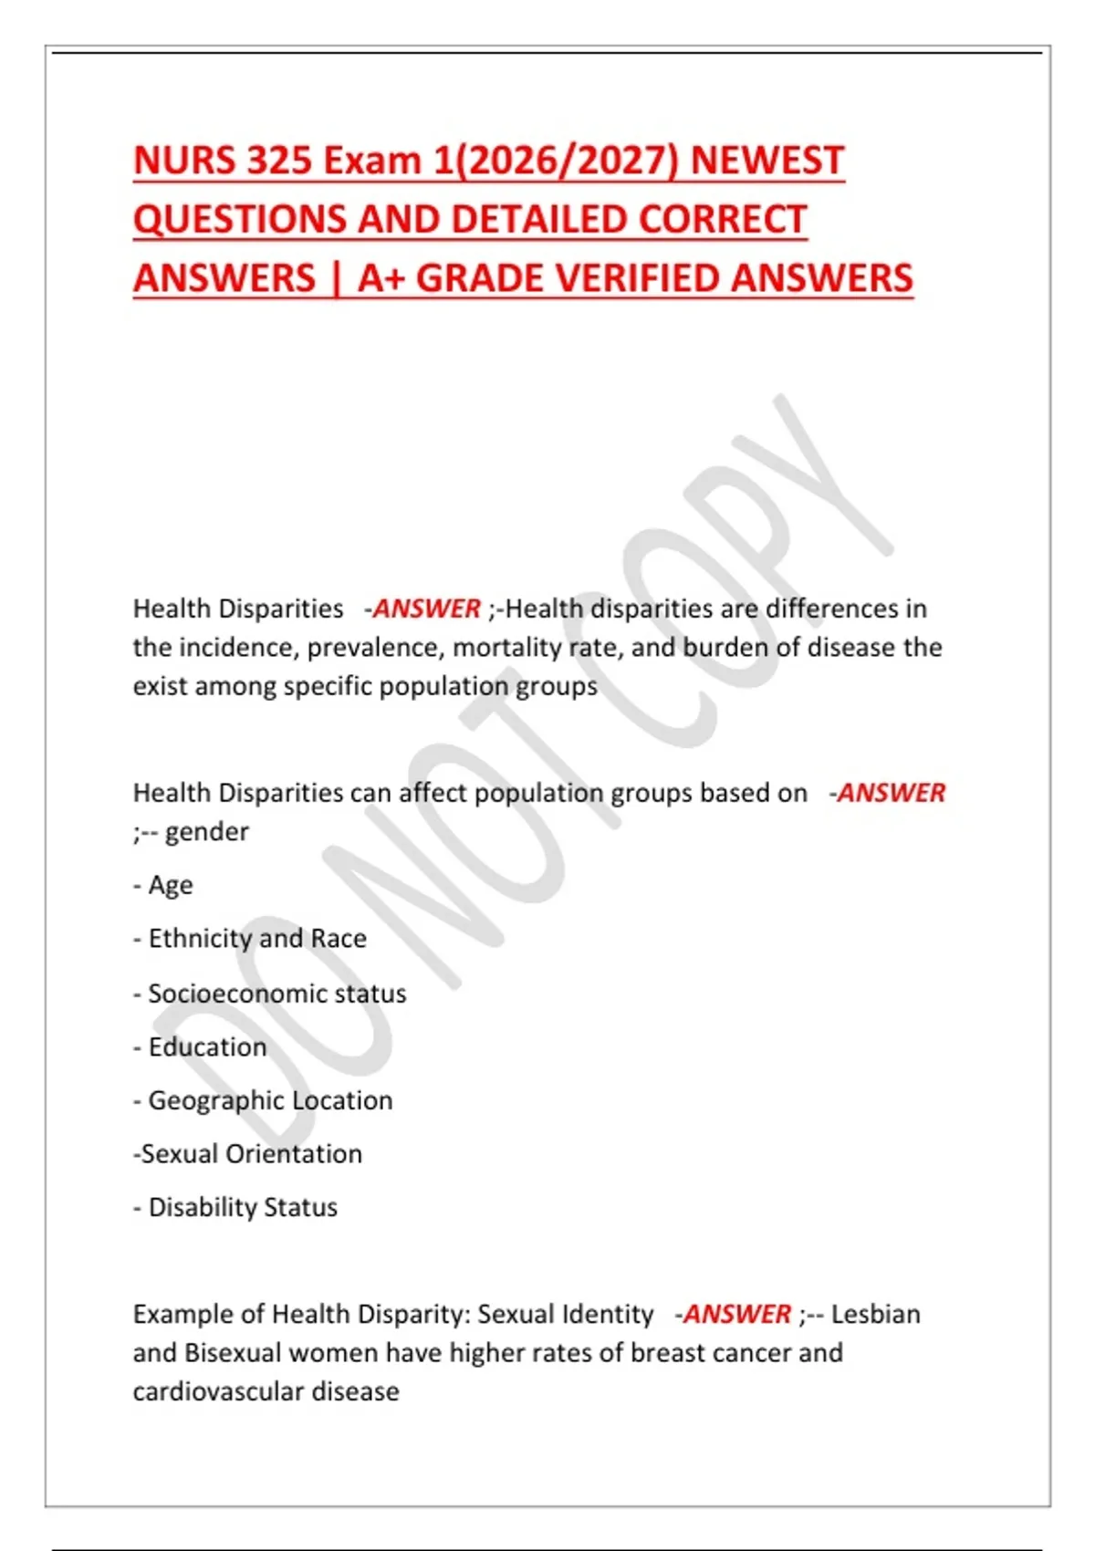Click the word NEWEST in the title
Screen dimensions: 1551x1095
click(x=766, y=161)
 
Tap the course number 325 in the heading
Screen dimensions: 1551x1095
click(x=268, y=161)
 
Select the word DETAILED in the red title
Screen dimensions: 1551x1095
click(x=540, y=220)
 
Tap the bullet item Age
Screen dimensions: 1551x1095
click(x=170, y=885)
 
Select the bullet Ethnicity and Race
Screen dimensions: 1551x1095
click(x=256, y=938)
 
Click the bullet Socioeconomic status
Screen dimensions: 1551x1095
click(x=276, y=993)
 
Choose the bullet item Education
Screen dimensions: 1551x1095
click(x=207, y=1046)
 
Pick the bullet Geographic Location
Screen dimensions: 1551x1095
click(x=270, y=1100)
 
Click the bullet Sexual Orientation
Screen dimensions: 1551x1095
click(x=251, y=1153)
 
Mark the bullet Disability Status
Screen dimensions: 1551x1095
click(x=243, y=1207)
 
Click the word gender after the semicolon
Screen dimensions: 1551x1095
click(x=207, y=832)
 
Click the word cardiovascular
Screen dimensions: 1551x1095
click(x=218, y=1391)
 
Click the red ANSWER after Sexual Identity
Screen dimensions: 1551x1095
click(x=737, y=1314)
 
